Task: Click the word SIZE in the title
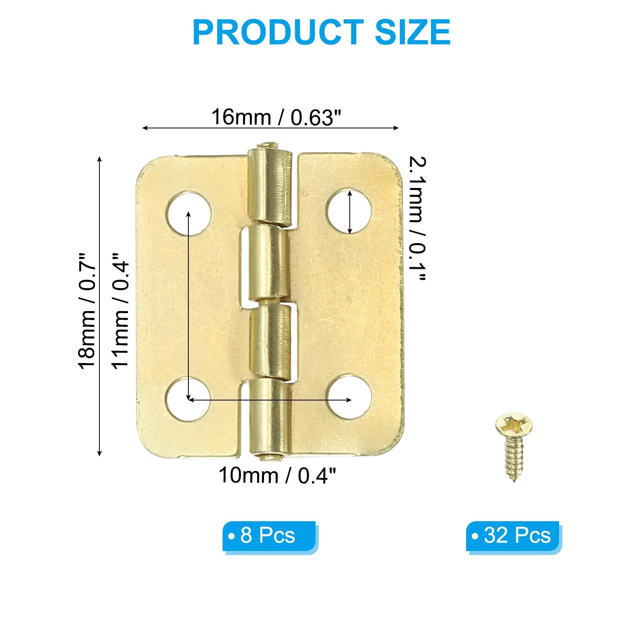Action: pyautogui.click(x=413, y=32)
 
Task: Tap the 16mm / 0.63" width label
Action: pyautogui.click(x=276, y=117)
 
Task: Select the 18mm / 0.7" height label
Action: pyautogui.click(x=87, y=310)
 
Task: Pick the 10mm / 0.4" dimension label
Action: pyautogui.click(x=277, y=475)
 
